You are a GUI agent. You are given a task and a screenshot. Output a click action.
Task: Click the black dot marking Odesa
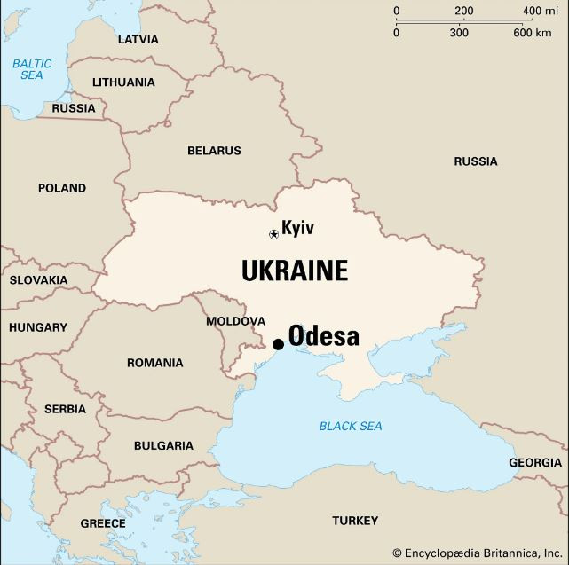click(x=278, y=344)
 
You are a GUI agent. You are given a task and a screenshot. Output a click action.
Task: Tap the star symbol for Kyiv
click(x=273, y=234)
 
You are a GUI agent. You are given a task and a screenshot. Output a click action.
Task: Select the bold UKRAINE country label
click(x=294, y=271)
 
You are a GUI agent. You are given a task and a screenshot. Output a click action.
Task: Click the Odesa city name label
click(x=324, y=337)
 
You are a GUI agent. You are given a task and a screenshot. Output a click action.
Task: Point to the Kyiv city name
click(x=297, y=228)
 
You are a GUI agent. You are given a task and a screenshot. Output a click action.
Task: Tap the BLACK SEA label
click(x=351, y=427)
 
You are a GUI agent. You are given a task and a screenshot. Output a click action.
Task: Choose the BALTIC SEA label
click(x=32, y=69)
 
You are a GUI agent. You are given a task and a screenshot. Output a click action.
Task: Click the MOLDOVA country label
click(x=235, y=320)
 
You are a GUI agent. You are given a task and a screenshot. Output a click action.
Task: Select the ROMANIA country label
click(x=154, y=363)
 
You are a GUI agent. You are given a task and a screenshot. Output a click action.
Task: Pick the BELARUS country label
click(x=214, y=151)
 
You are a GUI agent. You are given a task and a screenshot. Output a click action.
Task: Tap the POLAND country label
click(x=62, y=188)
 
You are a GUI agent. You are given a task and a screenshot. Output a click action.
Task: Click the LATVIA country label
click(x=138, y=40)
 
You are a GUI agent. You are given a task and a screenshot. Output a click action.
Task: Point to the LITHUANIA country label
click(x=123, y=82)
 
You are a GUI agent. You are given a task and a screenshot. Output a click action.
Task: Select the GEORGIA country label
click(x=535, y=462)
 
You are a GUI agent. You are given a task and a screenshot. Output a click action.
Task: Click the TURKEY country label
click(x=355, y=521)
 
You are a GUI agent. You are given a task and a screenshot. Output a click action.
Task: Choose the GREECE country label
click(x=103, y=523)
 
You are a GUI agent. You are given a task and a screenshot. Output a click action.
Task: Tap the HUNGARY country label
click(x=38, y=327)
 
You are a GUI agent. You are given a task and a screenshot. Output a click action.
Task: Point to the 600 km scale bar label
click(x=532, y=33)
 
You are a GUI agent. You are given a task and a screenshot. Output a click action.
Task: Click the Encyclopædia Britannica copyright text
click(x=477, y=552)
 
